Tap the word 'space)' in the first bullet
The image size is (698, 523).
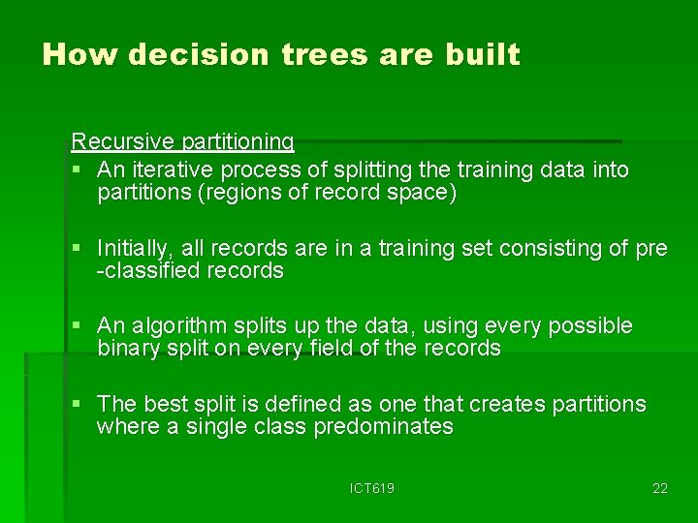tap(423, 193)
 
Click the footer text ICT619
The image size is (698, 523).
tap(372, 489)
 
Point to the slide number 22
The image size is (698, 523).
tap(659, 489)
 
